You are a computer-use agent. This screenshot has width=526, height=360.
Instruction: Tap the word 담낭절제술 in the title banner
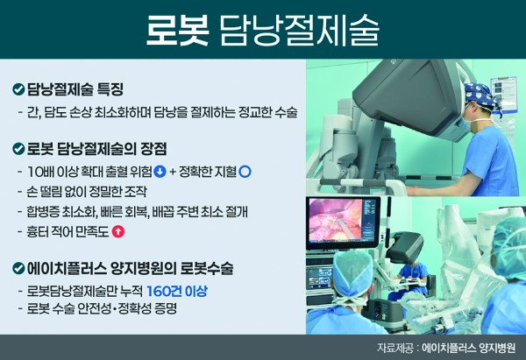tap(299, 30)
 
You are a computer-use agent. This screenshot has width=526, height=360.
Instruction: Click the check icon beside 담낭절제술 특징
tap(18, 89)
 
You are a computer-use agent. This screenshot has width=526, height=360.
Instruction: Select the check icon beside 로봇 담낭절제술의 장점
tap(18, 149)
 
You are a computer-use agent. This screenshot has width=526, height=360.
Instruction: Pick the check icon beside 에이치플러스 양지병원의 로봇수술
tap(18, 268)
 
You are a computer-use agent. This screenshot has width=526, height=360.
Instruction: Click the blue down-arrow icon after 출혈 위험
tap(160, 172)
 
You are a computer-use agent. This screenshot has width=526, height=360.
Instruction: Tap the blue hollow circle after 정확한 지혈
tap(245, 172)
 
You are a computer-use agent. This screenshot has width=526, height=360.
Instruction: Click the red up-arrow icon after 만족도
tap(117, 231)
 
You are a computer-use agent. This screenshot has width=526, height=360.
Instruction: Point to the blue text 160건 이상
tap(177, 291)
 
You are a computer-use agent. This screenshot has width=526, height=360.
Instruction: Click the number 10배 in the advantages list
tap(41, 172)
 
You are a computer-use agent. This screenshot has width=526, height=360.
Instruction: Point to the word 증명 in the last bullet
tap(166, 308)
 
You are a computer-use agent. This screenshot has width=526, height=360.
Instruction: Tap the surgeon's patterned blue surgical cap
tap(480, 95)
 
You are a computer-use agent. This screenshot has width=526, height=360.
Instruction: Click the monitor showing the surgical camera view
tap(343, 222)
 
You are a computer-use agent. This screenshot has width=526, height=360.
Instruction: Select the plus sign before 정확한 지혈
tap(173, 172)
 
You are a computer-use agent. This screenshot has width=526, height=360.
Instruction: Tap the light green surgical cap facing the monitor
tap(352, 273)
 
